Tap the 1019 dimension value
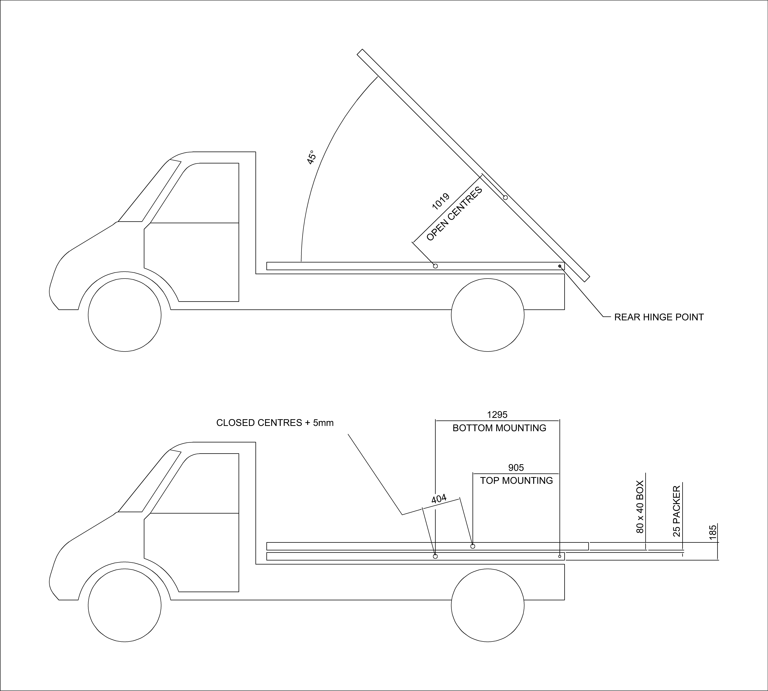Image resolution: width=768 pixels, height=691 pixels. (441, 201)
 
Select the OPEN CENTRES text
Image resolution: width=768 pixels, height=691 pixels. (454, 214)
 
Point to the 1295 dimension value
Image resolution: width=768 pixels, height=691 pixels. (497, 415)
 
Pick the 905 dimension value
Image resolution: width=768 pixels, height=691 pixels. (516, 468)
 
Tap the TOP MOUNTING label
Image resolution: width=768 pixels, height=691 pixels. (516, 481)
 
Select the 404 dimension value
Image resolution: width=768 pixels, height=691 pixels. (439, 499)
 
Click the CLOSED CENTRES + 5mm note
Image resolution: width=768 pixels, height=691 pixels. (275, 423)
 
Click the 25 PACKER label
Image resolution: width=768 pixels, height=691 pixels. (676, 511)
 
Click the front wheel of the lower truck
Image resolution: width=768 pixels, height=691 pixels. (125, 605)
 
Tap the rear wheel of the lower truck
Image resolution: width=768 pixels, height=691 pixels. (488, 605)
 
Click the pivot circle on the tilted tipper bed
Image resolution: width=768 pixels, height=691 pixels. (505, 197)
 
